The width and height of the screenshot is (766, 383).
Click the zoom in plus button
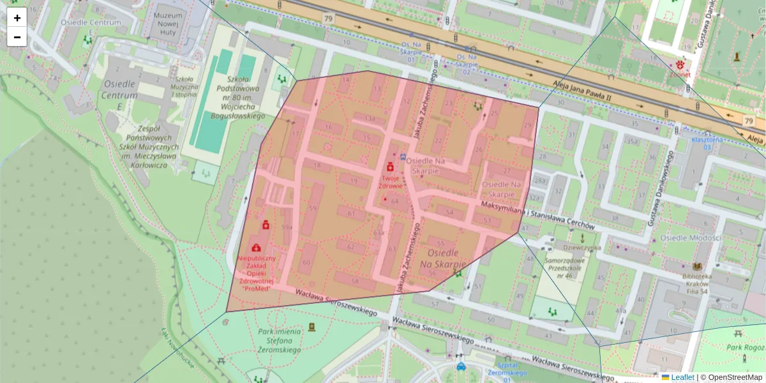click(x=17, y=17)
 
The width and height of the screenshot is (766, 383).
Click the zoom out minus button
click(x=17, y=37)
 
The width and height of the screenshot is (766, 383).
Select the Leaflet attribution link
click(x=682, y=377)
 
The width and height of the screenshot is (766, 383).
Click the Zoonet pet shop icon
click(x=680, y=64)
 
